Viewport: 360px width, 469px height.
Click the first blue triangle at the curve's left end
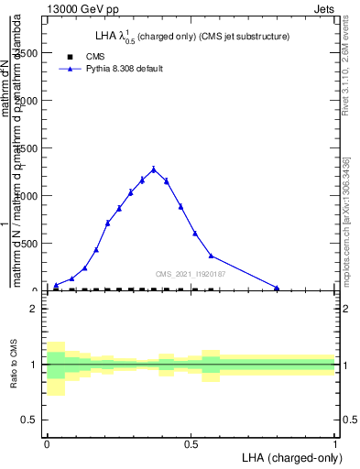[56, 285]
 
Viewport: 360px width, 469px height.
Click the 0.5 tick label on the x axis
[191, 443]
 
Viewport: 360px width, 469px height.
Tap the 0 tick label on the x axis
[47, 443]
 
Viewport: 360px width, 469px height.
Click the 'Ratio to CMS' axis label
[14, 365]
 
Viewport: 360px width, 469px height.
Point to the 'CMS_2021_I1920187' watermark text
[190, 274]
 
